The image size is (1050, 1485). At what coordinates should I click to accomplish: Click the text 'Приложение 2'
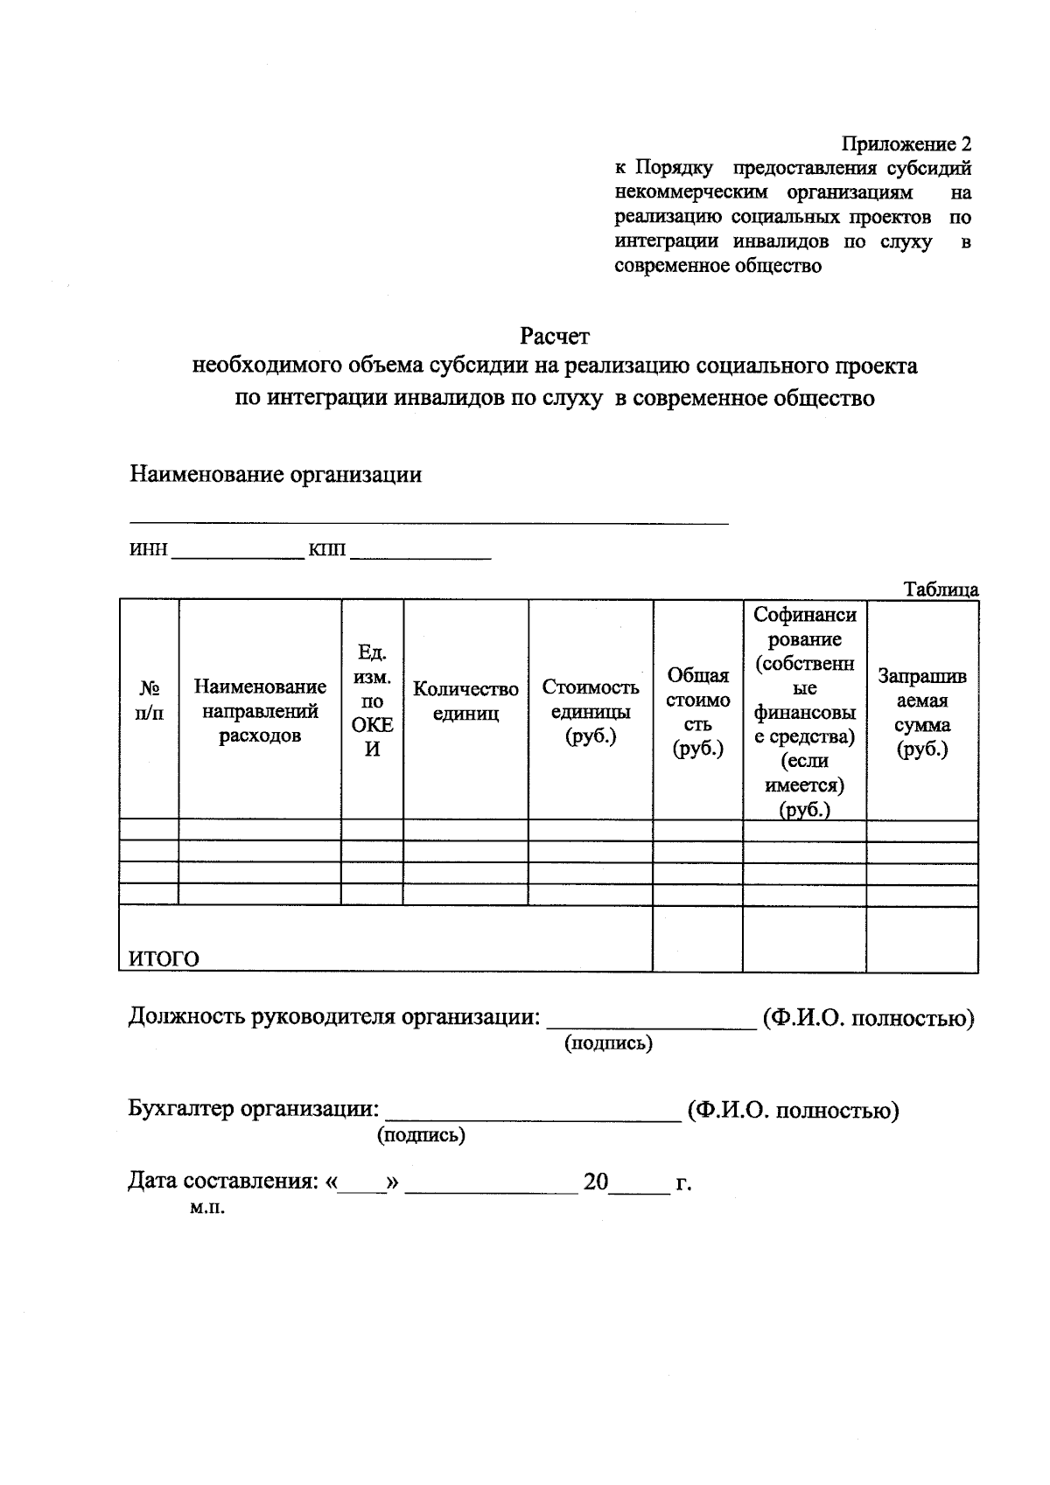[906, 143]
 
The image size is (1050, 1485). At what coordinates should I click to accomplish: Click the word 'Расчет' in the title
[555, 336]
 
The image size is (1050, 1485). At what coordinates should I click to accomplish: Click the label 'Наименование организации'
[276, 475]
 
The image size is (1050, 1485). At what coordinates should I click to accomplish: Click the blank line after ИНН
[237, 552]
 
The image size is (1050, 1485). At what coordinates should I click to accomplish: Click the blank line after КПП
[420, 552]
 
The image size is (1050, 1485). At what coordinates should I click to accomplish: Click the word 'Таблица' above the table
[941, 589]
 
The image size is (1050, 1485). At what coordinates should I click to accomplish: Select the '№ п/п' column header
[149, 701]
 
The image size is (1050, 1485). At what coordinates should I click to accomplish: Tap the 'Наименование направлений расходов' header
[260, 711]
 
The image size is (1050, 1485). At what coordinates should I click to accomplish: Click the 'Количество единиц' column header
[465, 701]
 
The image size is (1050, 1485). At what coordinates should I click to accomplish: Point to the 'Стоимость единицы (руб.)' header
[591, 711]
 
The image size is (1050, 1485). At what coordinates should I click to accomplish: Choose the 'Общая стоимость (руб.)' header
[697, 711]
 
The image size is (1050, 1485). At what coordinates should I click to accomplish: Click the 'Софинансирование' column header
[804, 711]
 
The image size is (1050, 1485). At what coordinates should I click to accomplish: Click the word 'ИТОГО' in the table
[164, 959]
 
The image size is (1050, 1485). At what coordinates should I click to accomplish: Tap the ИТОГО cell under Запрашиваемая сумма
[922, 938]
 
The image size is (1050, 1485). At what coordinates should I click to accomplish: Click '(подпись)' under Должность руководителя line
[609, 1043]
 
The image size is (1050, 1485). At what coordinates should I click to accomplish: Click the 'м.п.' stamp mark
[206, 1208]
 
